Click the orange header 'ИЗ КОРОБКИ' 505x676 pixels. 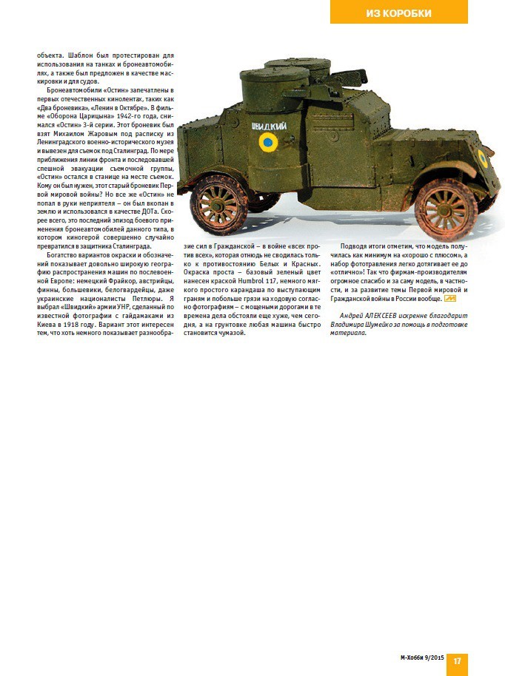[398, 13]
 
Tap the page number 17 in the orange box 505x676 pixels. [457, 660]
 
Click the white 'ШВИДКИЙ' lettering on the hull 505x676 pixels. [268, 125]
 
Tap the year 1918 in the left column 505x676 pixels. [87, 323]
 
